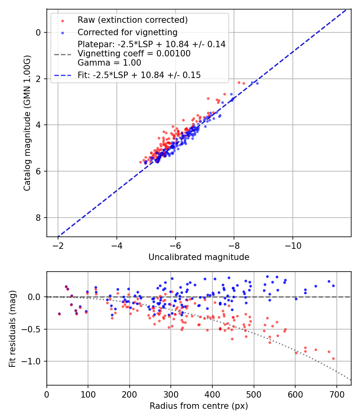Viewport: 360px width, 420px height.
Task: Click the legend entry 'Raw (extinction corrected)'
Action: (132, 20)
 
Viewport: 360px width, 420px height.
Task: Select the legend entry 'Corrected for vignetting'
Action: (127, 32)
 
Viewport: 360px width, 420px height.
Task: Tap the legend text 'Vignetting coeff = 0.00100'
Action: (134, 54)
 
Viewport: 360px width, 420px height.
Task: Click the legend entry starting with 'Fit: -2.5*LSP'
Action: (139, 75)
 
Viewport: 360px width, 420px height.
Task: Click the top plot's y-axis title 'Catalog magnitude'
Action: (27, 123)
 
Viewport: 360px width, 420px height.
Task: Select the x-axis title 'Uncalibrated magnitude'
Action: (199, 257)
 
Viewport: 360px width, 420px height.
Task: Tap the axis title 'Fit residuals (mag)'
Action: (12, 328)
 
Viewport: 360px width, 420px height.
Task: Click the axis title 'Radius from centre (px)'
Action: (199, 406)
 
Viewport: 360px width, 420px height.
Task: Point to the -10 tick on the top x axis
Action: (293, 244)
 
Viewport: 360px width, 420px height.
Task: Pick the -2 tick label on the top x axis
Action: (58, 244)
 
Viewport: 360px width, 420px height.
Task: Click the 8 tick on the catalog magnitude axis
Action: (38, 218)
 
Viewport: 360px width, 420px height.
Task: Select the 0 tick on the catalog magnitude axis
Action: (38, 32)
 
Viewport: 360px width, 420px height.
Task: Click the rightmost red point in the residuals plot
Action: (333, 358)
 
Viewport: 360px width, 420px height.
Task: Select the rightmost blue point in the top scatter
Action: (257, 83)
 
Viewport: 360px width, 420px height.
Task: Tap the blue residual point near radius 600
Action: (296, 299)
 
